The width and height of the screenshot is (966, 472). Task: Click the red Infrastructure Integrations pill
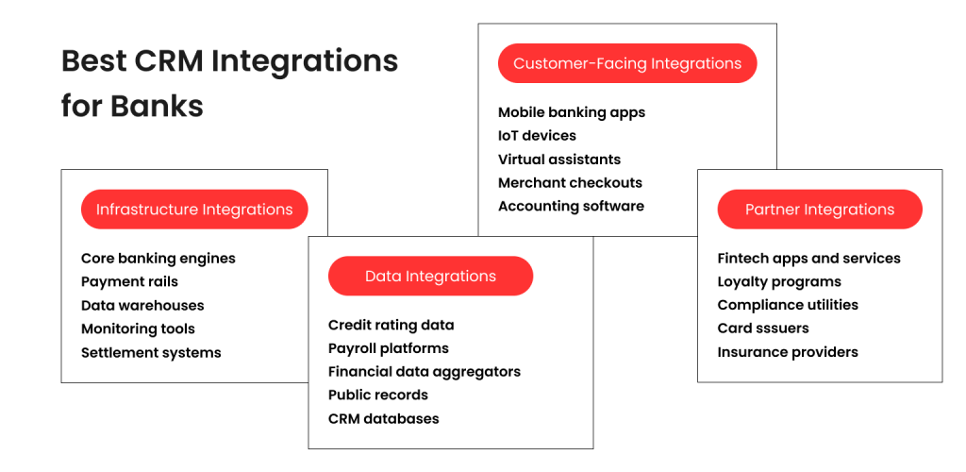[194, 210]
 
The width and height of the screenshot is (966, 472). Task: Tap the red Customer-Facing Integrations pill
[627, 63]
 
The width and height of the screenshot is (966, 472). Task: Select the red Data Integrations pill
[430, 277]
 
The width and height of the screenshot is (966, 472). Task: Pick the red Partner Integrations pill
[819, 210]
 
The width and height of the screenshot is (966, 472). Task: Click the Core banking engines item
[158, 259]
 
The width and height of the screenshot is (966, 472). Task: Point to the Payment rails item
[129, 281]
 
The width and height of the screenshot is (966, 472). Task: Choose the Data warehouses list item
[142, 305]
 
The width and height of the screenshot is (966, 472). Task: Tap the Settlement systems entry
[151, 352]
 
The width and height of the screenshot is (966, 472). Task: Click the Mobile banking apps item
[572, 112]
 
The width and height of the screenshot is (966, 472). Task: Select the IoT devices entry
[537, 136]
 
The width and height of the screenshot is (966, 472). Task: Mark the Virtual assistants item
[559, 160]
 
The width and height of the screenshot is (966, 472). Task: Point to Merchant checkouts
[570, 183]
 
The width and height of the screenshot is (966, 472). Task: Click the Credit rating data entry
[391, 325]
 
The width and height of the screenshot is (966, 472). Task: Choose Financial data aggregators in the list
[425, 372]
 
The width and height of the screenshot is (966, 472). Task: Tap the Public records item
[378, 395]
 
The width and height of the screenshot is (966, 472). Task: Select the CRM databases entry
[383, 418]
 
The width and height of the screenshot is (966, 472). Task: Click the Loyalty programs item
[779, 281]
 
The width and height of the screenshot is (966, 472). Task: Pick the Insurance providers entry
[788, 352]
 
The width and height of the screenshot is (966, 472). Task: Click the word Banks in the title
[157, 106]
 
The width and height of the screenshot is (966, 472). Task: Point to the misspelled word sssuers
[782, 329]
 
